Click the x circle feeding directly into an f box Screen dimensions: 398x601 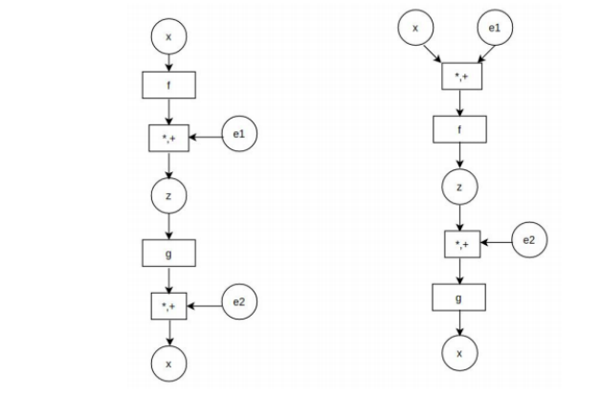point(169,36)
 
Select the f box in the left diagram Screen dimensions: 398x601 point(169,84)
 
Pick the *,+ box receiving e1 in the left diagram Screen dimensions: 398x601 point(169,138)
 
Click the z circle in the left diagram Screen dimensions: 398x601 point(169,195)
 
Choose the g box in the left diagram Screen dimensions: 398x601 point(169,253)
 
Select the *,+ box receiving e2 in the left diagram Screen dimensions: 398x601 point(169,306)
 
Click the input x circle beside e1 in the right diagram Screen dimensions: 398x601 point(415,29)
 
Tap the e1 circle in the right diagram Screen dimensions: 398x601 point(494,29)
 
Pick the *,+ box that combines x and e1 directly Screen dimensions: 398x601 point(460,75)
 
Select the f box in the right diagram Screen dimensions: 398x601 point(460,129)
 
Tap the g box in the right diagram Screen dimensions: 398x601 point(460,298)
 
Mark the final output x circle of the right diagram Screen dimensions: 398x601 point(460,353)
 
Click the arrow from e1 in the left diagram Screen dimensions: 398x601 point(207,138)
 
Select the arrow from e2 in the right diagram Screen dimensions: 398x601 point(495,244)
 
